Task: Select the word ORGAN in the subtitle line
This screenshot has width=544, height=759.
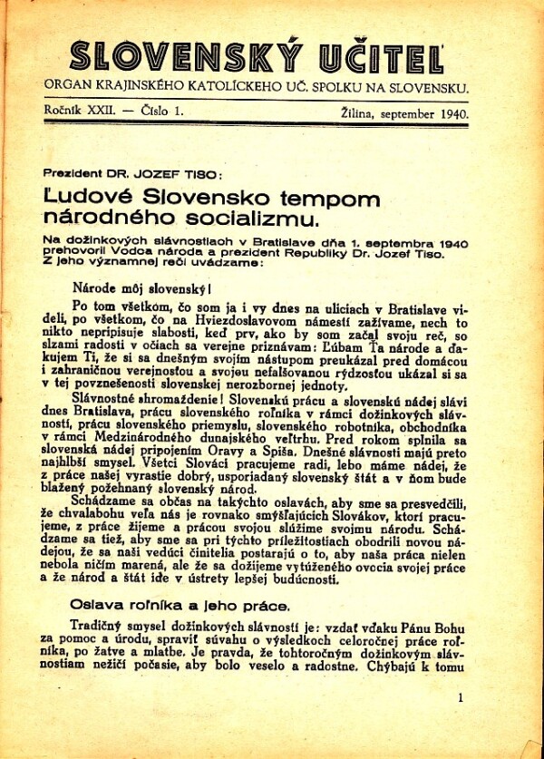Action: click(69, 88)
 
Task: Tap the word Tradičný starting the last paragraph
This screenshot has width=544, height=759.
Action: click(101, 626)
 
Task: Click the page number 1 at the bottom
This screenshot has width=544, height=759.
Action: click(461, 697)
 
